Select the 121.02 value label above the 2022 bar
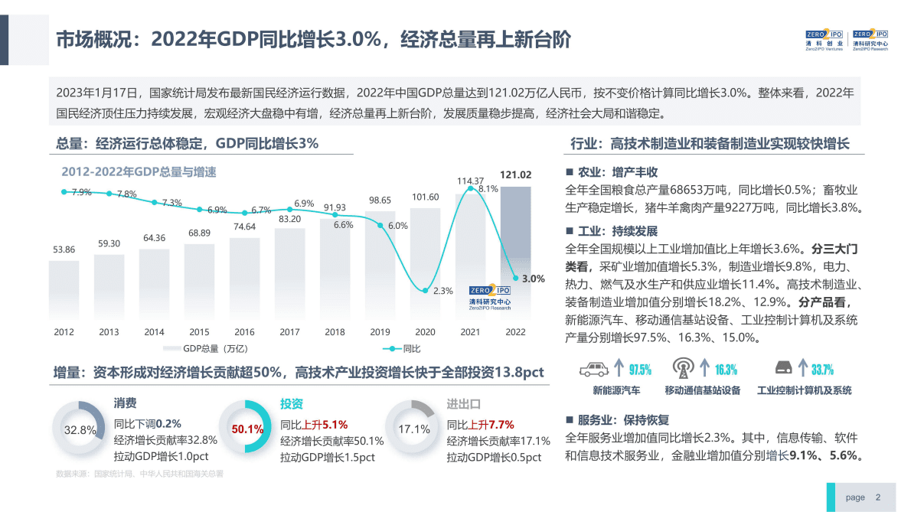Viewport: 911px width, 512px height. pyautogui.click(x=515, y=175)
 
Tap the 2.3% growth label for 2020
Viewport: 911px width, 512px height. pyautogui.click(x=442, y=291)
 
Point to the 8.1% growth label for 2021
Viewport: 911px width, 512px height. pyautogui.click(x=488, y=188)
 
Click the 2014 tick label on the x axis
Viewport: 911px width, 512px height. pyautogui.click(x=154, y=332)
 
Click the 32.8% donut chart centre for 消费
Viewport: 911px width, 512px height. pyautogui.click(x=80, y=430)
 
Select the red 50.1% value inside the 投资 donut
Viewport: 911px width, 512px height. pyautogui.click(x=247, y=429)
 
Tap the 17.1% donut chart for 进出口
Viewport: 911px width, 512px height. pyautogui.click(x=413, y=429)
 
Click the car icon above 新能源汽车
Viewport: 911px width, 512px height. pyautogui.click(x=594, y=370)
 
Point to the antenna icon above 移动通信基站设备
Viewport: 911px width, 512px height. pyautogui.click(x=682, y=369)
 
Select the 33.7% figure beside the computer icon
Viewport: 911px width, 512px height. pyautogui.click(x=822, y=370)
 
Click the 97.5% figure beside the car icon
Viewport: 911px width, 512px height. pyautogui.click(x=640, y=370)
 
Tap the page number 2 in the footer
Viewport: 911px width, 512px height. pyautogui.click(x=878, y=497)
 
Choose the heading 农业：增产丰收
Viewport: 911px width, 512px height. pyautogui.click(x=617, y=172)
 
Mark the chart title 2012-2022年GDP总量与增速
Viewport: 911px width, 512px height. pyautogui.click(x=139, y=172)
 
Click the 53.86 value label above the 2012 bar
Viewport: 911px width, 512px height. pyautogui.click(x=64, y=249)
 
